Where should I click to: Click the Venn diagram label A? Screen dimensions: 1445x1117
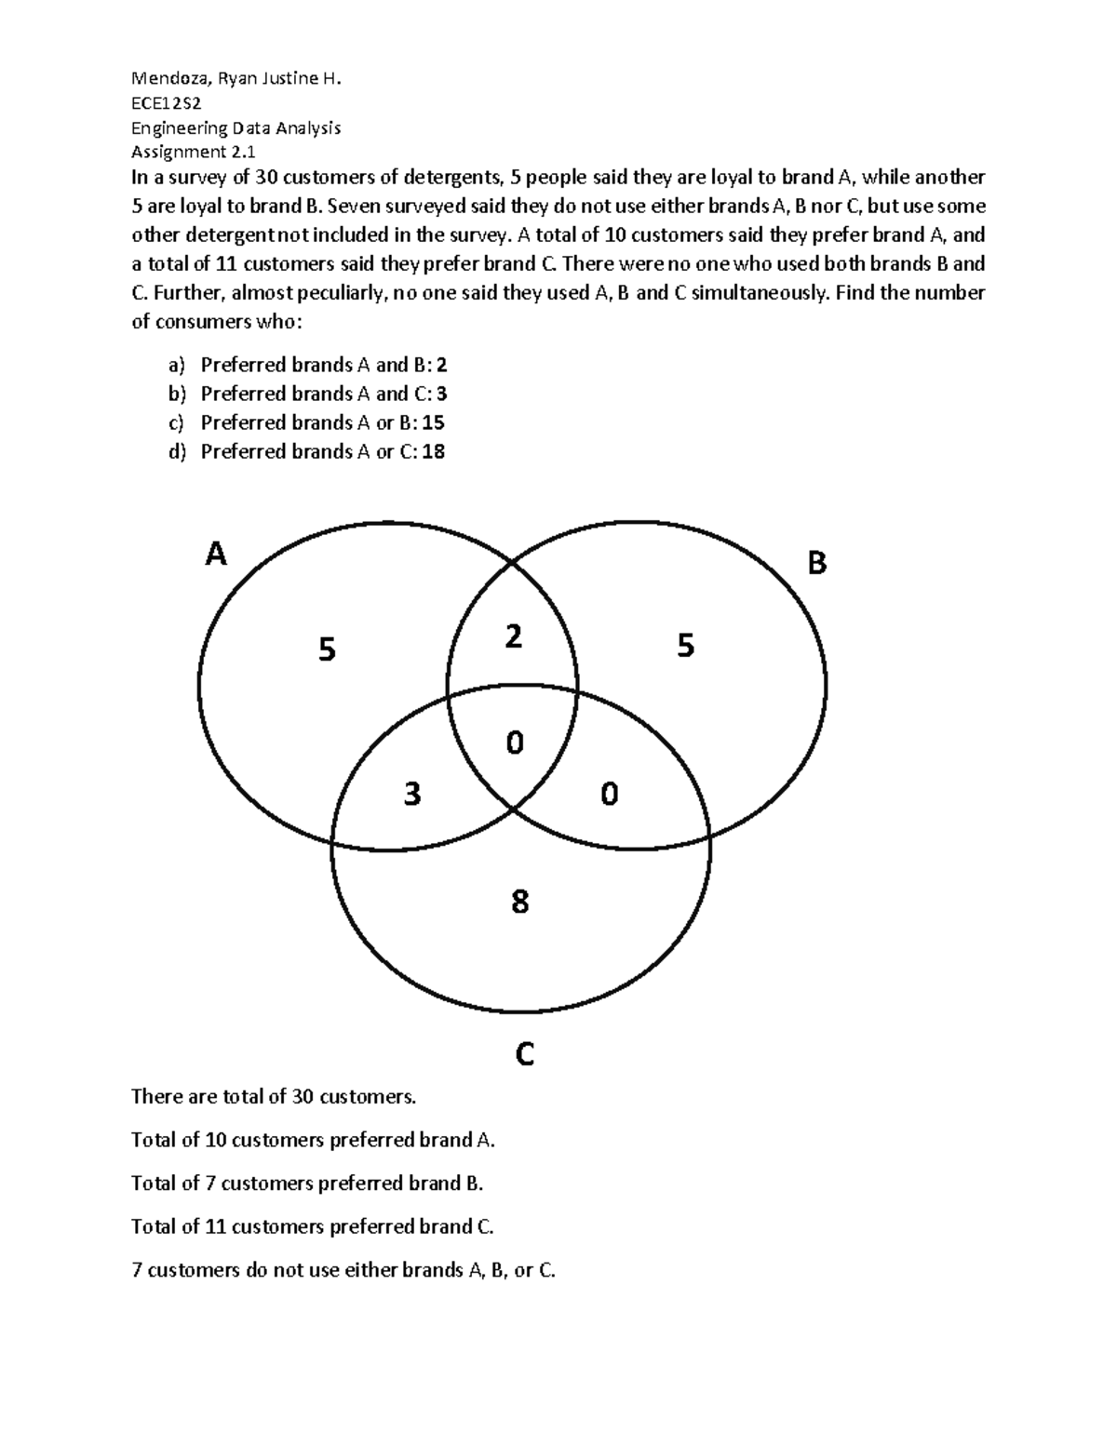point(216,555)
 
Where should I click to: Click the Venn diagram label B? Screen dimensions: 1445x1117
point(816,563)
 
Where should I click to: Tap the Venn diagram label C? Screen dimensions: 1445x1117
point(524,1055)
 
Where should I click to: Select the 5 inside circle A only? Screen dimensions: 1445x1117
point(326,649)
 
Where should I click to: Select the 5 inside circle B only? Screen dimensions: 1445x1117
point(686,646)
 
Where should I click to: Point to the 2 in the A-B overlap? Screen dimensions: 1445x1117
point(513,637)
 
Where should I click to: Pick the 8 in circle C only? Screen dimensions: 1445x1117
point(519,901)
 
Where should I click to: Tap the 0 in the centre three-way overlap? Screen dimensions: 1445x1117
point(514,743)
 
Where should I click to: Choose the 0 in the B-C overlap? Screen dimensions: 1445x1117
point(609,794)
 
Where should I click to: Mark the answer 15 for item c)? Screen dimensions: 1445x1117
point(433,422)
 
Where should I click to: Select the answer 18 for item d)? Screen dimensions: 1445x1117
point(433,452)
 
